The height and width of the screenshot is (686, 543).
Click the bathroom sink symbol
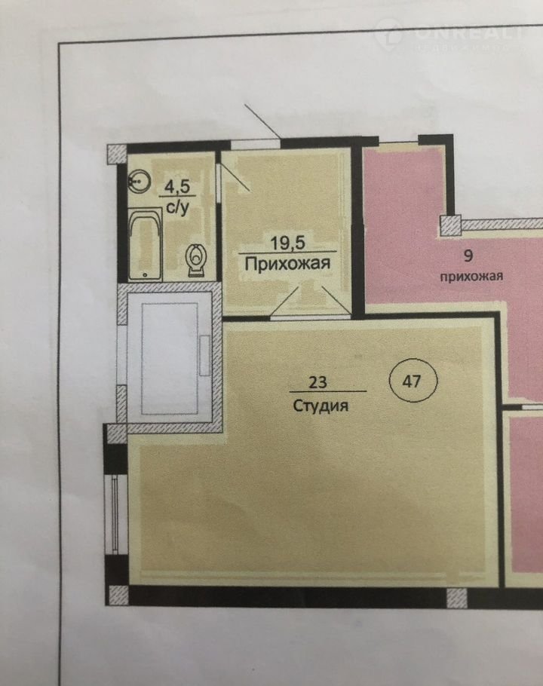pyautogui.click(x=140, y=180)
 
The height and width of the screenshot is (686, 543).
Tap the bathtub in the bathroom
pyautogui.click(x=146, y=244)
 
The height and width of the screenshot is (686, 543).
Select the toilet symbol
pyautogui.click(x=196, y=259)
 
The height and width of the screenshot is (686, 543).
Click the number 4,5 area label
pyautogui.click(x=177, y=187)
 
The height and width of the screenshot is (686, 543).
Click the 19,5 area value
pyautogui.click(x=287, y=243)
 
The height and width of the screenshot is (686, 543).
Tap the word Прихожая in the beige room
pyautogui.click(x=287, y=265)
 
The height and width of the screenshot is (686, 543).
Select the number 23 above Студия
pyautogui.click(x=318, y=382)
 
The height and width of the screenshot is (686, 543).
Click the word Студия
pyautogui.click(x=321, y=406)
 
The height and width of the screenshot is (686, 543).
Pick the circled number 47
pyautogui.click(x=413, y=381)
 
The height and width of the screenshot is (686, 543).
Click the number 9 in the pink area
pyautogui.click(x=468, y=256)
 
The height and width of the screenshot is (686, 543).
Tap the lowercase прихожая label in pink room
pyautogui.click(x=471, y=277)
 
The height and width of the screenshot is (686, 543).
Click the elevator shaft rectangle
pyautogui.click(x=170, y=358)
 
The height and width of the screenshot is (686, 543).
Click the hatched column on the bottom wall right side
pyautogui.click(x=456, y=598)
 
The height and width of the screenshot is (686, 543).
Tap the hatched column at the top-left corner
pyautogui.click(x=117, y=155)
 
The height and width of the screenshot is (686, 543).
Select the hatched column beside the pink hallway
pyautogui.click(x=450, y=225)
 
